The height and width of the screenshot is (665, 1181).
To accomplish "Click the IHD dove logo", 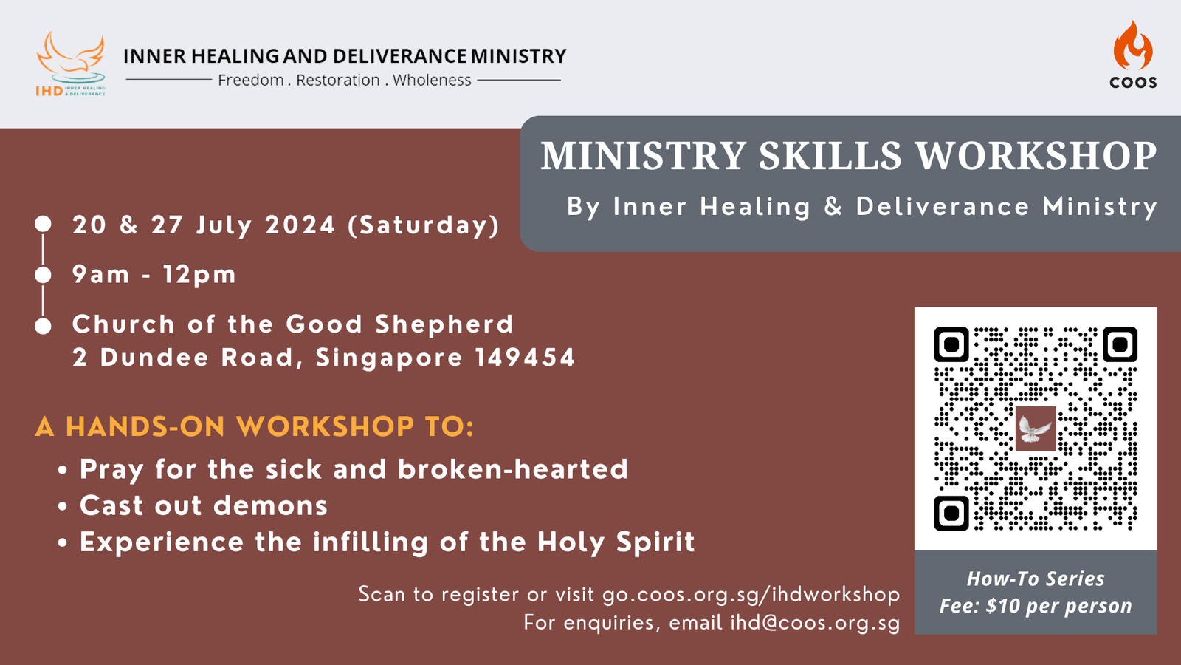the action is (71, 64).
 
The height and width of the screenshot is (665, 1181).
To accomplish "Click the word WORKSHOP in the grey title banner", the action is (1036, 156).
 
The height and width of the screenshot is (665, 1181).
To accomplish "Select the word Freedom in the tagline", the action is (251, 81).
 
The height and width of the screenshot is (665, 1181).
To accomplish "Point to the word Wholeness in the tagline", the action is (432, 81).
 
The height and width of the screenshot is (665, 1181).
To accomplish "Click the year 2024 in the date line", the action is (300, 225).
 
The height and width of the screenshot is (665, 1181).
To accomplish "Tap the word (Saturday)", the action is (424, 225).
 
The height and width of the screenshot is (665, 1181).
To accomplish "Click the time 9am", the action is (100, 274).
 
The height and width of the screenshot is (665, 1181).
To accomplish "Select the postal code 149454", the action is (525, 357).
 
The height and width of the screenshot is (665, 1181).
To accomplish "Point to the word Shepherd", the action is (444, 324).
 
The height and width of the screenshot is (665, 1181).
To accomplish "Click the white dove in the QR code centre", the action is (1036, 429).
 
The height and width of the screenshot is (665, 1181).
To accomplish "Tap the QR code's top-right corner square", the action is (1120, 344).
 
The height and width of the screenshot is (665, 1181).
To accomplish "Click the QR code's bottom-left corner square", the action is (951, 513).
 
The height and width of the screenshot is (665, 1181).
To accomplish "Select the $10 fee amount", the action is (1003, 605).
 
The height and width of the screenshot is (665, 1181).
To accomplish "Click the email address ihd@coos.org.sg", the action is (815, 623).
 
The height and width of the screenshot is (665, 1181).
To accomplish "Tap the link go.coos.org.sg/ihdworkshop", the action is (751, 595).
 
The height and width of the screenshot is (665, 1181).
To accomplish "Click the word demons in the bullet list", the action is (270, 505).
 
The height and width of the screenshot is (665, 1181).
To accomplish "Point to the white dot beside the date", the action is (44, 224).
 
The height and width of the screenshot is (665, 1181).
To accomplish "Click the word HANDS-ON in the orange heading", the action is (145, 426).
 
